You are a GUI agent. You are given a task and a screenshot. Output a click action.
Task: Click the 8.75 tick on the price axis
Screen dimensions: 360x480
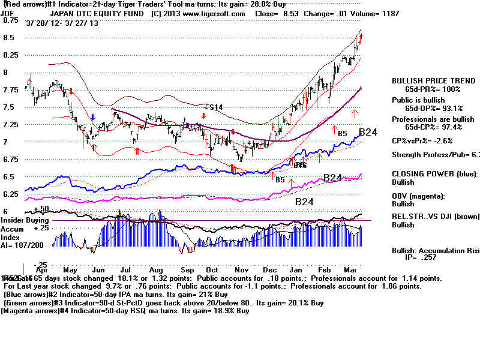tap(10, 20)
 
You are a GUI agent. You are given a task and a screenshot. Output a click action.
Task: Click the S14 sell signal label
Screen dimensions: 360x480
tap(214, 107)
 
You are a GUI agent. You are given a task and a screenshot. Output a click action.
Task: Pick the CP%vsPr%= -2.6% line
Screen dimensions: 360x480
tap(423, 141)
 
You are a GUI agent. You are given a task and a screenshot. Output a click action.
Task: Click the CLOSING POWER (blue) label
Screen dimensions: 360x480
tap(431, 173)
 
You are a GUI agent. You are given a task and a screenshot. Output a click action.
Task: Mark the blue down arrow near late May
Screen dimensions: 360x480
tap(93, 117)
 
